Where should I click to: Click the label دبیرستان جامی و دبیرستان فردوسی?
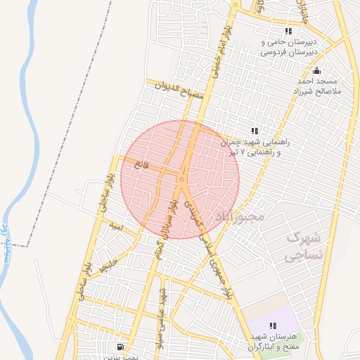pos(288,47)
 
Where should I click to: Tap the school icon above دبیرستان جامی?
pos(288,31)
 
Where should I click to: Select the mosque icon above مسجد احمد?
pos(316,70)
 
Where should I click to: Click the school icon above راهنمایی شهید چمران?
pos(255,131)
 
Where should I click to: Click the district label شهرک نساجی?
pos(304,246)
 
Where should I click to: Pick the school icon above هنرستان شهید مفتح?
pos(273,326)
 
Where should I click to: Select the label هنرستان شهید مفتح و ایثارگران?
pos(274,342)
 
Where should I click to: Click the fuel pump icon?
pos(121,346)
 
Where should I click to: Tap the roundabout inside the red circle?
pos(181,180)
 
